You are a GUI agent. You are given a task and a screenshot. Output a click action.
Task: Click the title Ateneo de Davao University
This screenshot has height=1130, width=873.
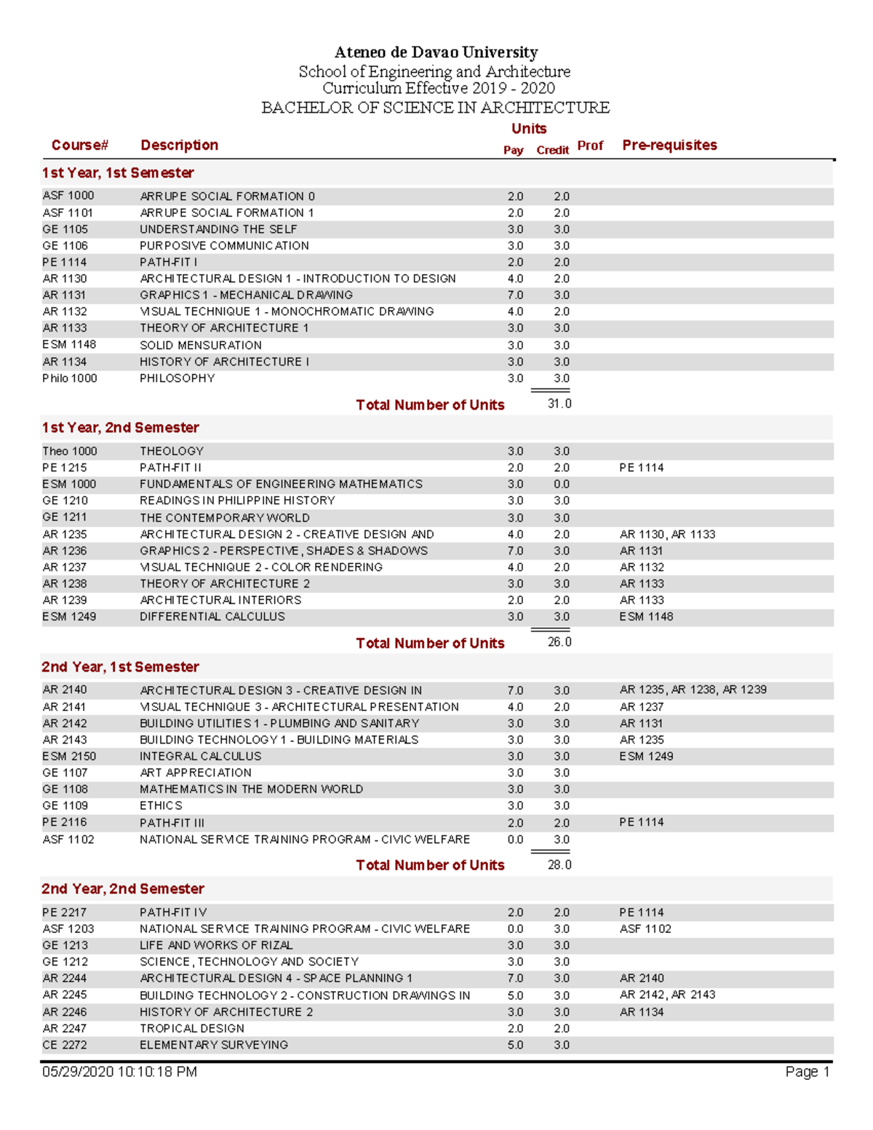[x=436, y=52]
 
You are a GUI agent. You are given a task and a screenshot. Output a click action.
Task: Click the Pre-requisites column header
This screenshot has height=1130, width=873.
[x=669, y=145]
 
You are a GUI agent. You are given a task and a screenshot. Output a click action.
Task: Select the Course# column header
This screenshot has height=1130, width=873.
[x=79, y=145]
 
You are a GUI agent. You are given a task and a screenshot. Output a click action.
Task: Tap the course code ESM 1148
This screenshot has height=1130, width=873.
[x=69, y=345]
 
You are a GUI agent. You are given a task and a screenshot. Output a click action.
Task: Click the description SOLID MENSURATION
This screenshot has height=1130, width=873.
[x=201, y=346]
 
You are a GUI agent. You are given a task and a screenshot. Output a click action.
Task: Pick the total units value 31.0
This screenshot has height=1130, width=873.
[x=559, y=404]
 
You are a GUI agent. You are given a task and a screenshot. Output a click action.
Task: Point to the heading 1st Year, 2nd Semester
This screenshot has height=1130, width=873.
[x=121, y=428]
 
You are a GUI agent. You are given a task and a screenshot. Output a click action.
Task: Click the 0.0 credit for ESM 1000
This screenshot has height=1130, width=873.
[x=561, y=485]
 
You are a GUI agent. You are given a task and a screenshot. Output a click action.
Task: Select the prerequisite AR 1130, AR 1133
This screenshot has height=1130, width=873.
[x=667, y=535]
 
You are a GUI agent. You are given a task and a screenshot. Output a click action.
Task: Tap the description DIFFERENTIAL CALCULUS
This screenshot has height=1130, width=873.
[x=212, y=617]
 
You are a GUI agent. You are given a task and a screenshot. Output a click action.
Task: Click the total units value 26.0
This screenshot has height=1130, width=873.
[x=559, y=642]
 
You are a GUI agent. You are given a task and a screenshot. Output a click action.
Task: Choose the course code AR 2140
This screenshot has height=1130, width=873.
[x=65, y=690]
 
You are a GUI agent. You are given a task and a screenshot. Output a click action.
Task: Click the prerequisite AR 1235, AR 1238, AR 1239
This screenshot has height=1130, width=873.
[x=693, y=690]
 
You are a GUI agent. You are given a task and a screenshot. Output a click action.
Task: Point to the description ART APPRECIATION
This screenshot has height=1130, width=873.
[x=196, y=773]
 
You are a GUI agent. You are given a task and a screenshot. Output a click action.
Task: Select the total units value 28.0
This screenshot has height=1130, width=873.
[x=559, y=865]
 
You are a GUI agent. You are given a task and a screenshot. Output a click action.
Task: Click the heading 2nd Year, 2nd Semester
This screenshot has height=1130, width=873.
[x=123, y=889]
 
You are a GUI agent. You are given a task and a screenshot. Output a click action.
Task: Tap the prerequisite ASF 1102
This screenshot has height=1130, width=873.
[x=645, y=929]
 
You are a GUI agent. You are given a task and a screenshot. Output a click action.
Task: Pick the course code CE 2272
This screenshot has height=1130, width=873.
[x=65, y=1045]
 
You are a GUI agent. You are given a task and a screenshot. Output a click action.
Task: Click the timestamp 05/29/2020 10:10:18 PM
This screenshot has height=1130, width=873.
[x=119, y=1073]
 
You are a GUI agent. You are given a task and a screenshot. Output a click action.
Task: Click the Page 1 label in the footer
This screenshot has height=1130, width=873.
[x=807, y=1073]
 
